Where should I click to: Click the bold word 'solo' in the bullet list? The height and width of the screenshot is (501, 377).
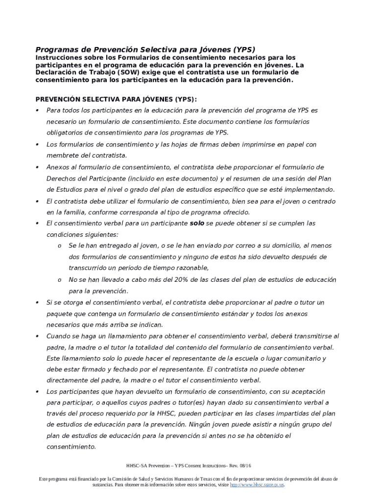(x=197, y=223)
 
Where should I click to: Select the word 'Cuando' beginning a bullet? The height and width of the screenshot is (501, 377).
(x=59, y=336)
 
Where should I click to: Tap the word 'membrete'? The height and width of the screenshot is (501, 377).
(x=62, y=155)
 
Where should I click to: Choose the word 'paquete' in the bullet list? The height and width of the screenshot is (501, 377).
(x=60, y=314)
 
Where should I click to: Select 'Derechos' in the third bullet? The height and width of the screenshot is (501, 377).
(x=61, y=178)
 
